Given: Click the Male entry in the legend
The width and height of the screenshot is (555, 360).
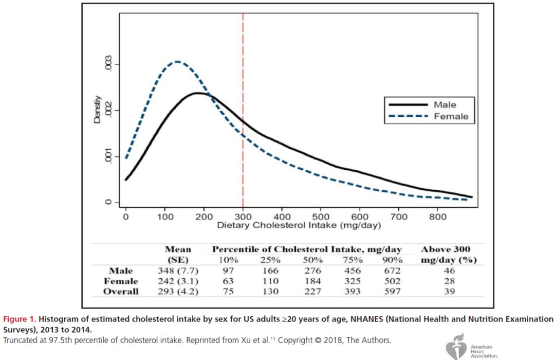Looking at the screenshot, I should (444, 105).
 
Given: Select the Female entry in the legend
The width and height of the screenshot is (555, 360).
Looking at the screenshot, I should (451, 117).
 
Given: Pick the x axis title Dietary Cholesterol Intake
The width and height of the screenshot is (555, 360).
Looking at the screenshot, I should (299, 226).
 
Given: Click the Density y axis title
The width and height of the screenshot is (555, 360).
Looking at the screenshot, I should (97, 111).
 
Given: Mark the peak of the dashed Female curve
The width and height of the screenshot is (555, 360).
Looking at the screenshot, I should (177, 62).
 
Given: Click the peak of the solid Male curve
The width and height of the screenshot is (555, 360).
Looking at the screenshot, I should (198, 93).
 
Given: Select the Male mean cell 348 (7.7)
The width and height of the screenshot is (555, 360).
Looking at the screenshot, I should (178, 271).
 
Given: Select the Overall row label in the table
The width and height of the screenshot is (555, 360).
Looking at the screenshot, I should (121, 292).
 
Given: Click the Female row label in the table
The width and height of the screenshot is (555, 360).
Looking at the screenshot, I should (121, 281).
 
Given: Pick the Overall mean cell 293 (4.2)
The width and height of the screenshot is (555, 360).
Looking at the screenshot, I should (178, 292).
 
